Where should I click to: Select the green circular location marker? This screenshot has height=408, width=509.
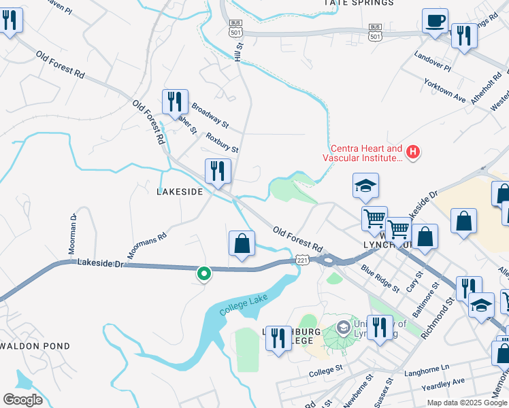(203, 273)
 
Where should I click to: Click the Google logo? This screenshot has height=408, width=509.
(22, 400)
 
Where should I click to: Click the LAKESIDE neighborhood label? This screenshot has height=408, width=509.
(180, 192)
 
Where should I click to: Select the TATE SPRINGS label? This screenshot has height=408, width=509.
(359, 3)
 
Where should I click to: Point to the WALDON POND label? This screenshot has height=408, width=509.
(35, 346)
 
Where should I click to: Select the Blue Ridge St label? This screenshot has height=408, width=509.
(380, 279)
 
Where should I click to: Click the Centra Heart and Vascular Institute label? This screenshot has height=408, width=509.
(366, 153)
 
